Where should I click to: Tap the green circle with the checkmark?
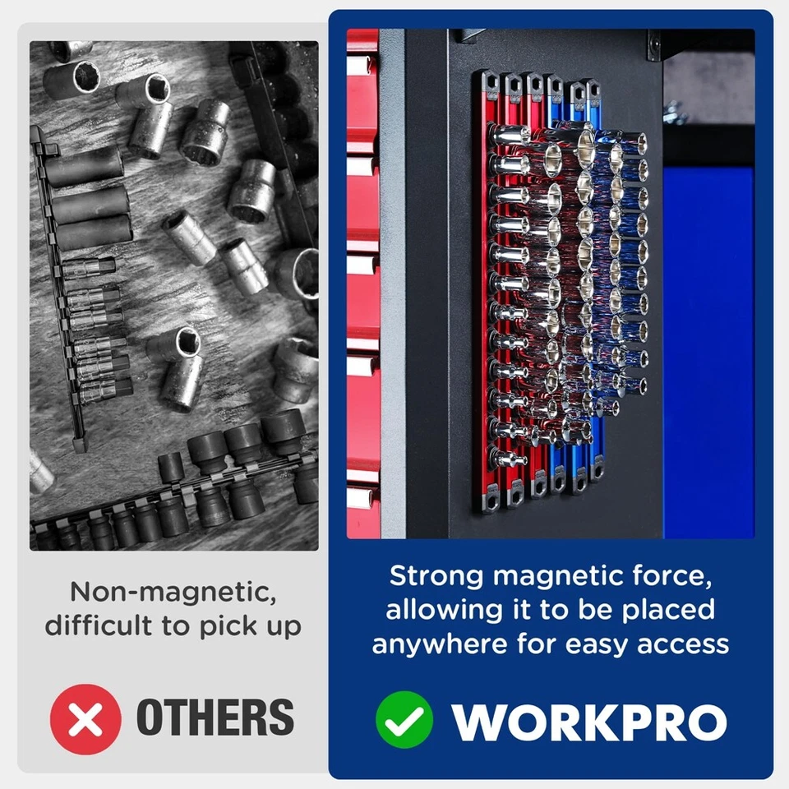coord(404,719)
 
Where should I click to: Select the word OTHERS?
coord(215,717)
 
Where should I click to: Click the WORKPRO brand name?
coord(589,721)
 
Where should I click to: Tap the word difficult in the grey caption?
coord(99,625)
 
